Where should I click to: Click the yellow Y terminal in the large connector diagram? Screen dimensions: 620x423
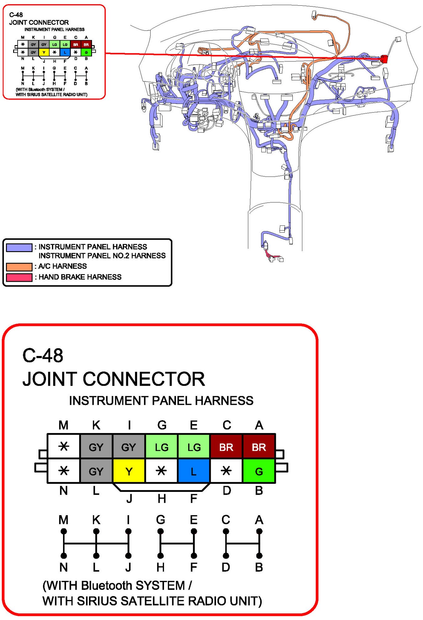tap(129, 471)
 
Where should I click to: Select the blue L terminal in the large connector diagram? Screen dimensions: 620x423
tap(193, 471)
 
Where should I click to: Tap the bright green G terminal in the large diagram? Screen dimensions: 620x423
tap(259, 471)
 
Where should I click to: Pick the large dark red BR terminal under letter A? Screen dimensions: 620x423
tap(259, 447)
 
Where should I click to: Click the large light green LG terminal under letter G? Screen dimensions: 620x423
tap(162, 447)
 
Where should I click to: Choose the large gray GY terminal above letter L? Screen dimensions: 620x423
tap(96, 471)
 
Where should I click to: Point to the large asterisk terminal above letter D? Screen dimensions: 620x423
tap(226, 471)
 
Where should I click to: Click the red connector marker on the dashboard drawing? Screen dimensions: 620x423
tap(384, 59)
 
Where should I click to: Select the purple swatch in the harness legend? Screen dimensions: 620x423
tap(19, 247)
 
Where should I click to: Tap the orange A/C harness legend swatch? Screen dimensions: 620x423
tap(19, 267)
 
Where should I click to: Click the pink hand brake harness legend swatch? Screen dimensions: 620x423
tap(19, 277)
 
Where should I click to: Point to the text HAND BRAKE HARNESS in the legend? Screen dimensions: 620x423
tap(80, 277)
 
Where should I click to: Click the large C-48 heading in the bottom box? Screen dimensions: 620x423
tap(43, 356)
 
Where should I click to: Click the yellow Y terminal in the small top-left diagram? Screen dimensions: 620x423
tap(44, 52)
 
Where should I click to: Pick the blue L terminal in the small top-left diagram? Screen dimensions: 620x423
tap(65, 52)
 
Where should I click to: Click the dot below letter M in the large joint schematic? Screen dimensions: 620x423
tap(64, 531)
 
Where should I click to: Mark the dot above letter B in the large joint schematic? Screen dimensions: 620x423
tap(259, 556)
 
